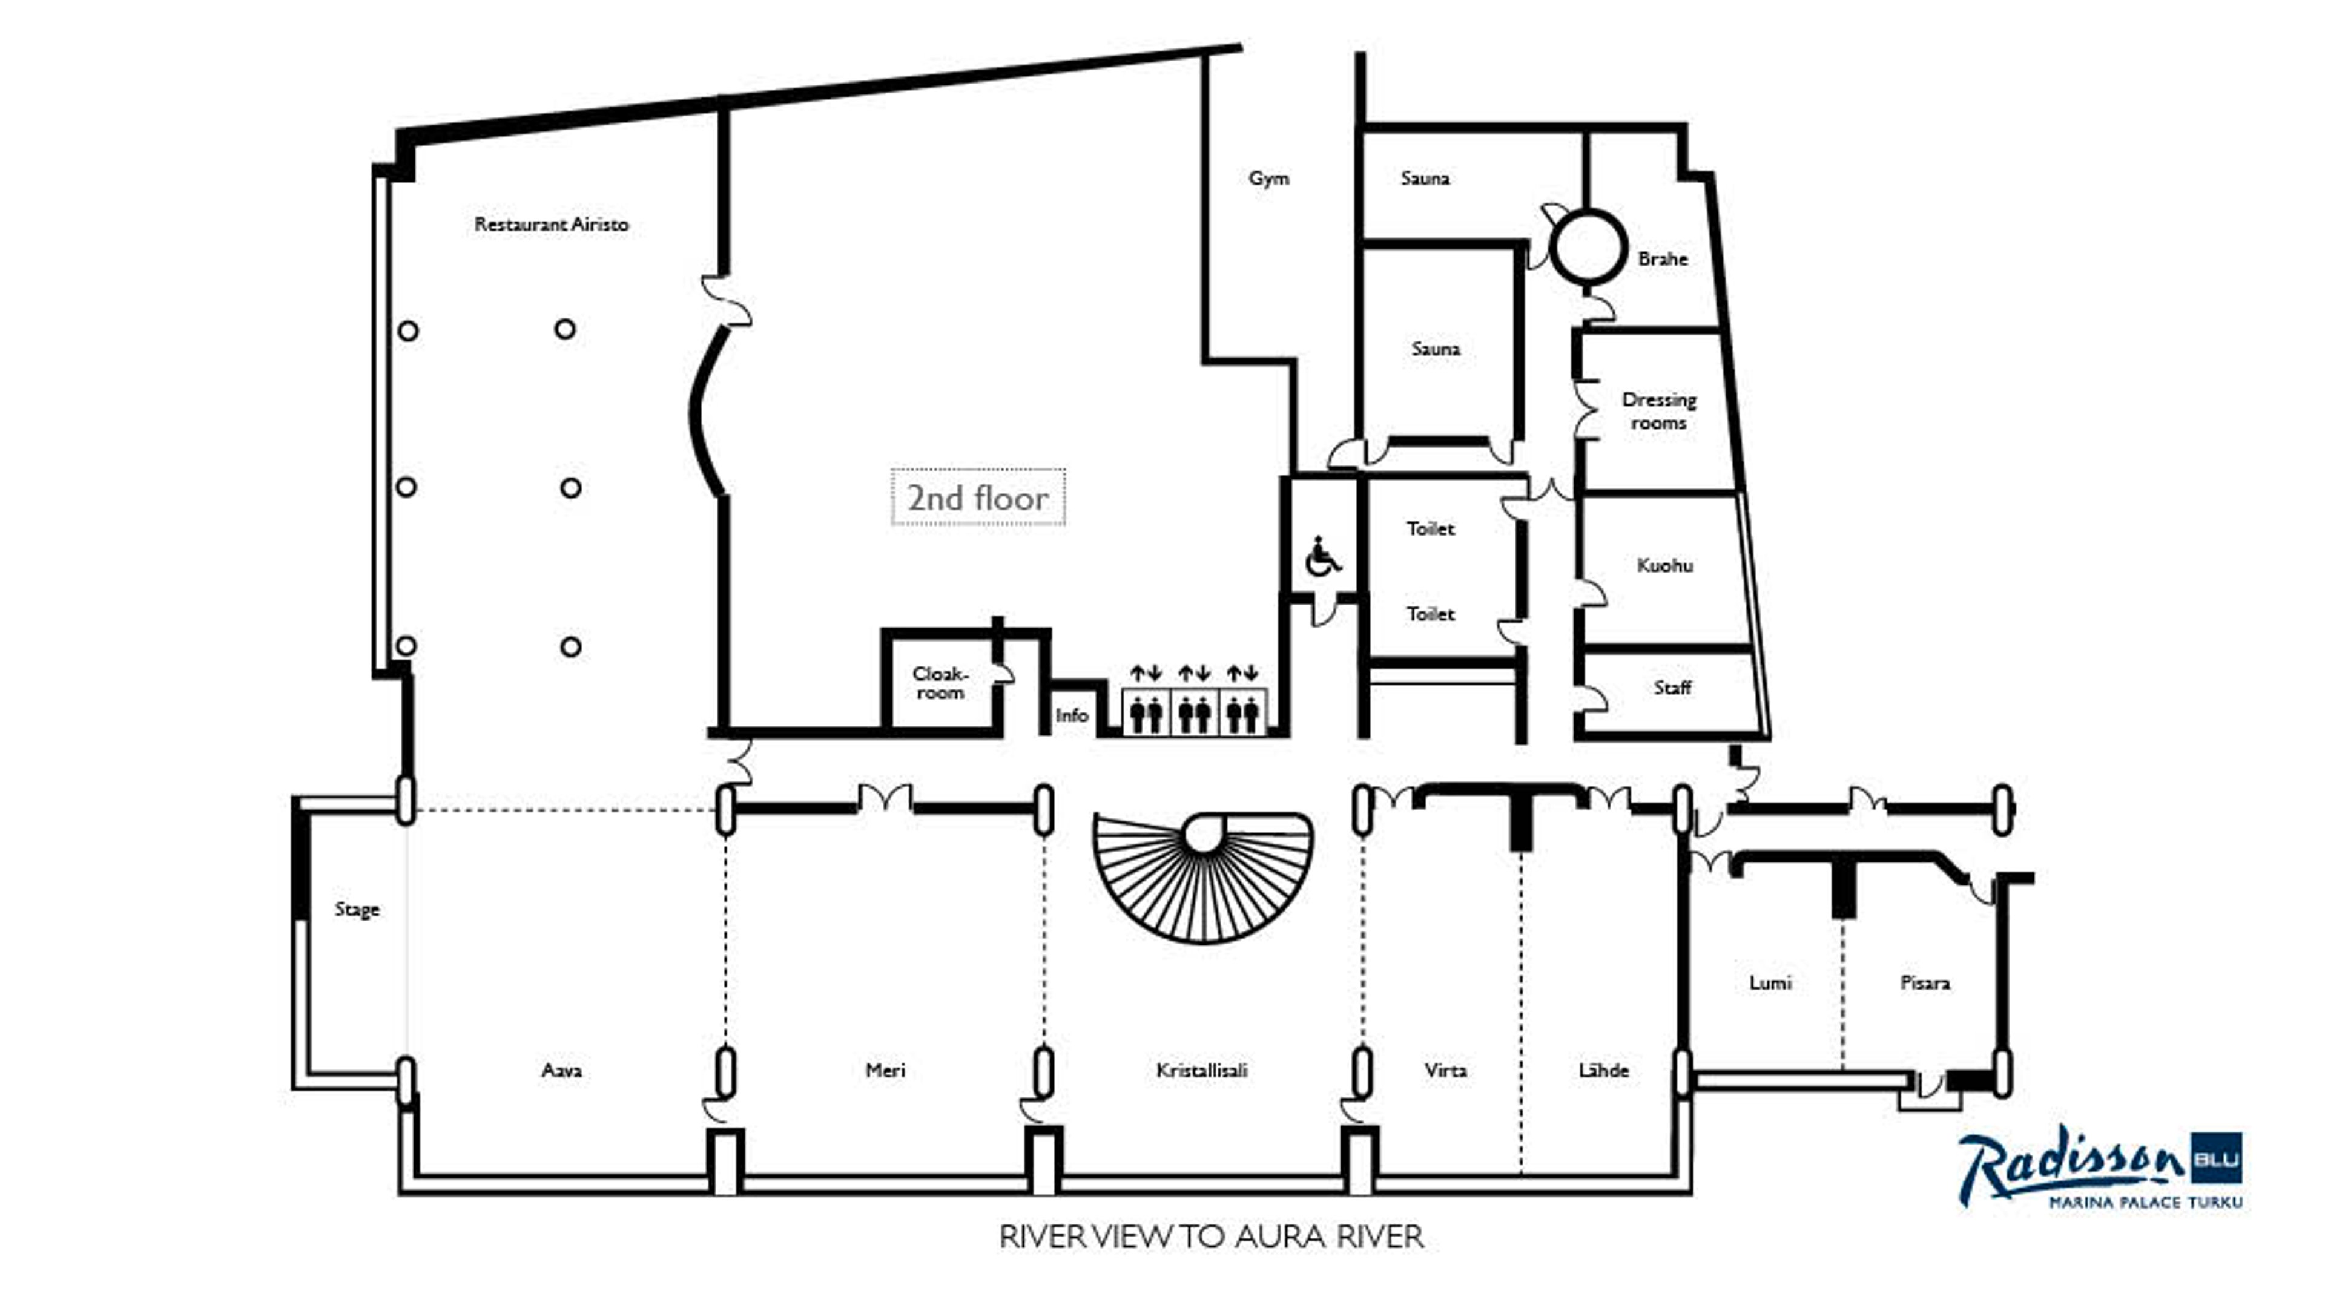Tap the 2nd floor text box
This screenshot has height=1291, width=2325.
coord(978,497)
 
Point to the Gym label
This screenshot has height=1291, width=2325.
coord(1268,178)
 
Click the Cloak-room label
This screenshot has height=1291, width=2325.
coord(940,683)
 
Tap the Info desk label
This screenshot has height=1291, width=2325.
coord(1071,715)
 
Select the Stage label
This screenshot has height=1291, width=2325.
coord(357,908)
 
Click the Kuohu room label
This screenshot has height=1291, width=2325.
coord(1664,566)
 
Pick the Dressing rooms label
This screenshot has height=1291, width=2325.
coord(1659,410)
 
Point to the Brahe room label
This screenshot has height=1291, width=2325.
coord(1663,259)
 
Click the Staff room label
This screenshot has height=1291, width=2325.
coord(1672,688)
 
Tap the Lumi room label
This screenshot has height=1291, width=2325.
coord(1770,982)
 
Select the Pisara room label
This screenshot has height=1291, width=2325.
coord(1924,982)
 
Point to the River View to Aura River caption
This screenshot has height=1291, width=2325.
coord(1211,1236)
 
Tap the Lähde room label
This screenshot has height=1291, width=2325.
coord(1603,1070)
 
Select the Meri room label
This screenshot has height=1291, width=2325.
coord(885,1070)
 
